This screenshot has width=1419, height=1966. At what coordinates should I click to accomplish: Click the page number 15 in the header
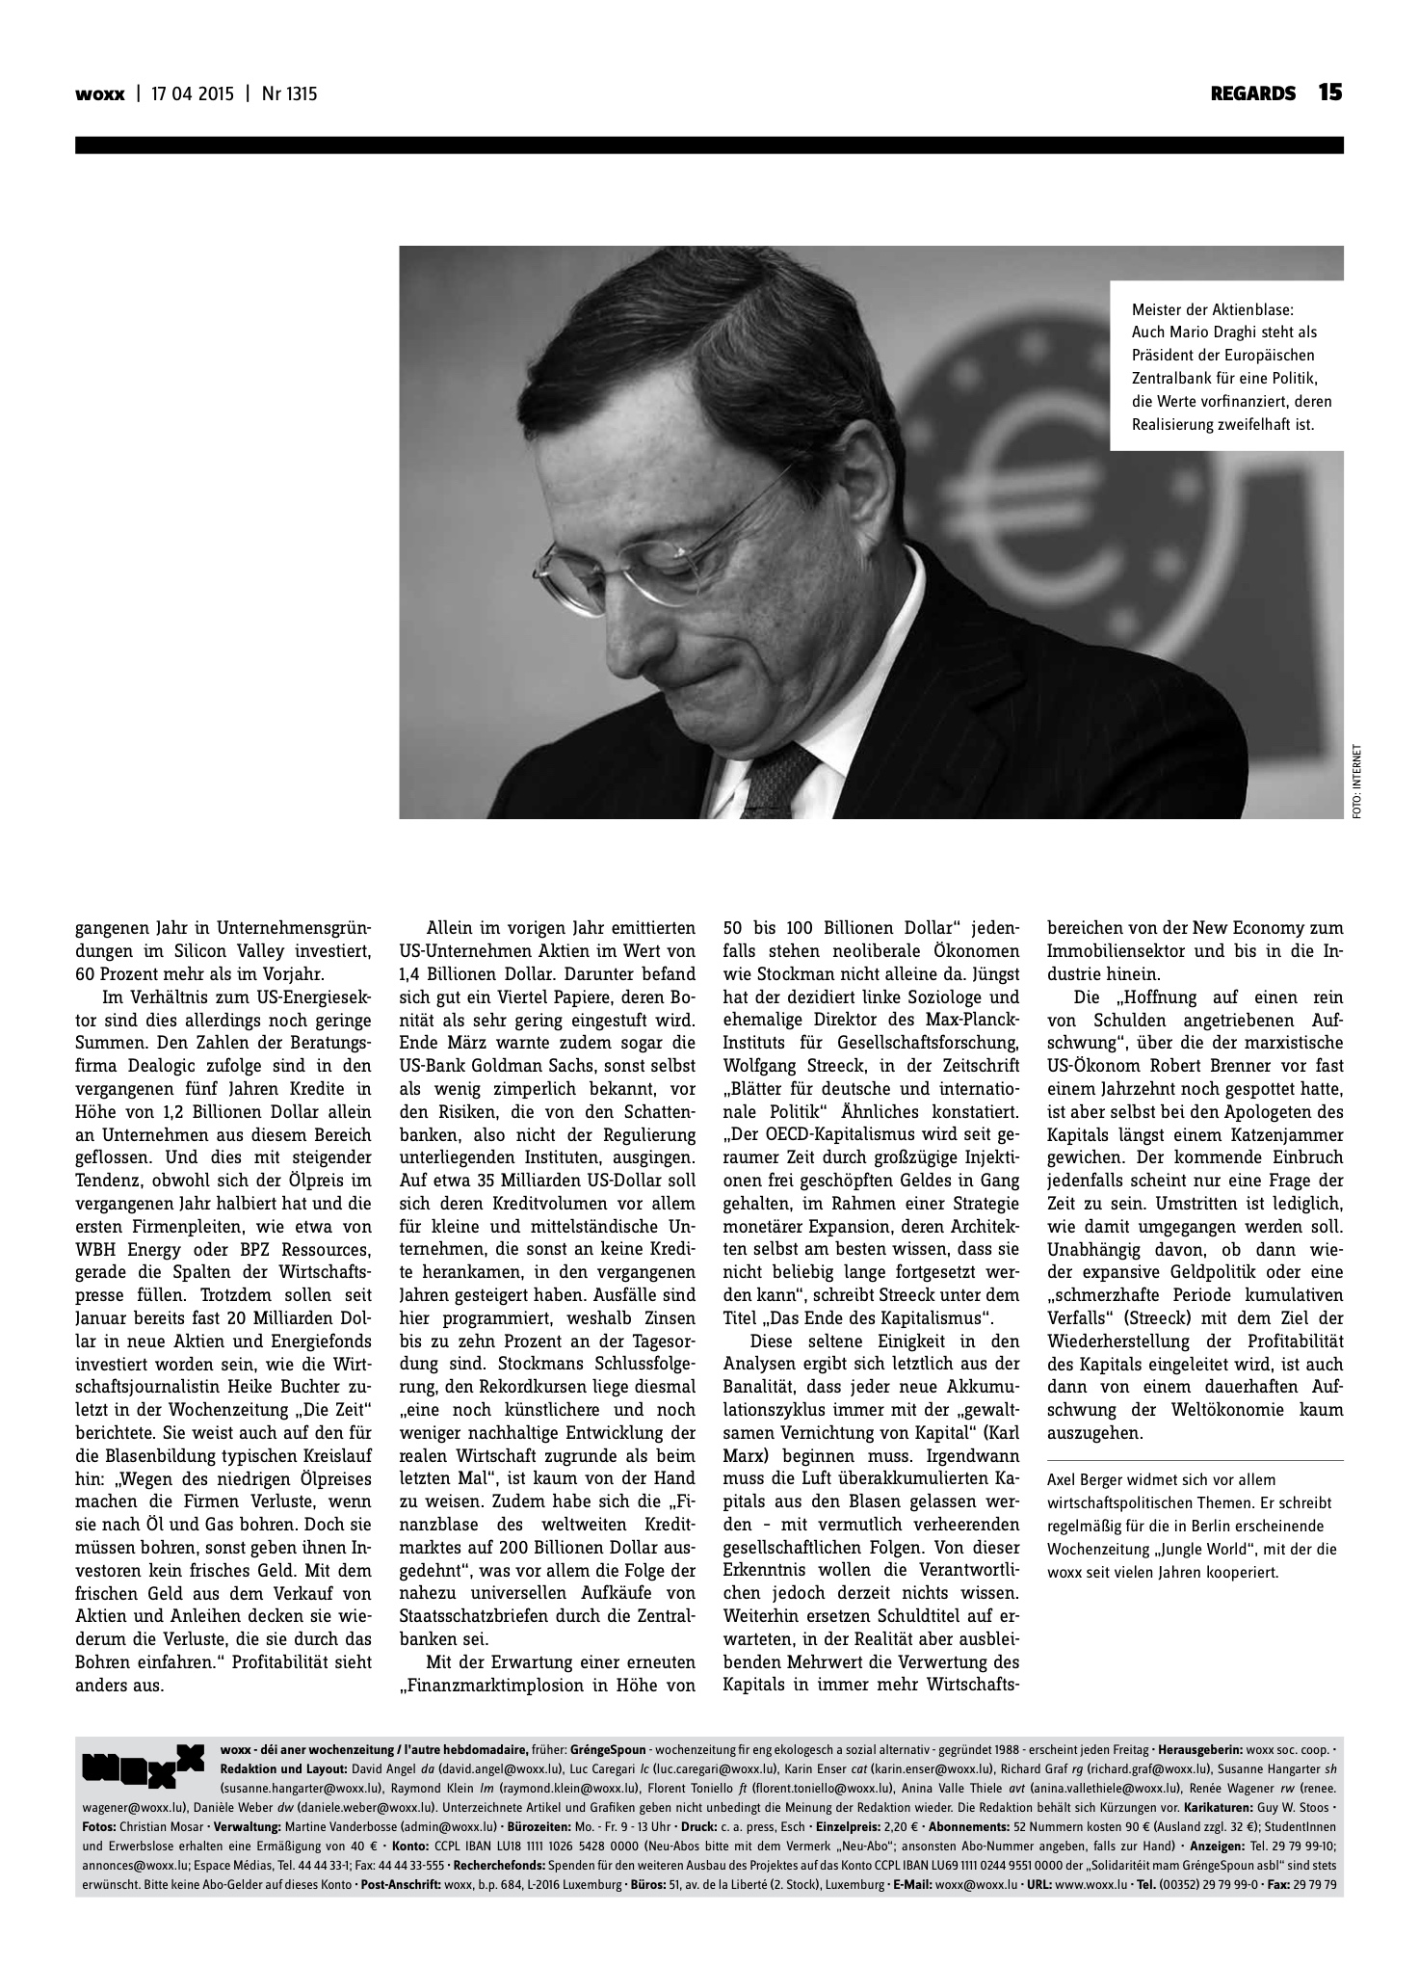(x=1330, y=93)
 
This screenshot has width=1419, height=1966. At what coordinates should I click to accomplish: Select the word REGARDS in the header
(x=1252, y=93)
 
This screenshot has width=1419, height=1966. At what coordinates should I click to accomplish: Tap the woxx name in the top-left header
(x=100, y=94)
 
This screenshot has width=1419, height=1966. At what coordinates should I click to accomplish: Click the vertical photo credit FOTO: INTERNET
(x=1356, y=782)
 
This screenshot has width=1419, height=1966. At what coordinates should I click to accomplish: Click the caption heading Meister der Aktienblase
(x=1215, y=310)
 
